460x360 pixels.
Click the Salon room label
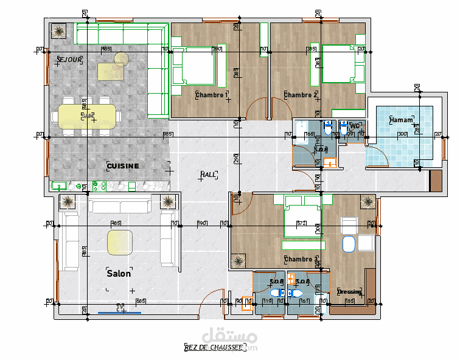click(x=119, y=274)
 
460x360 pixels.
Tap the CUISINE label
click(x=123, y=166)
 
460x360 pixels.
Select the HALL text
click(x=209, y=175)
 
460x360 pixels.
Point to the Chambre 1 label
click(x=212, y=95)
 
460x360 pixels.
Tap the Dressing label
click(x=349, y=292)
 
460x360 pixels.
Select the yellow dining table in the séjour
click(x=87, y=115)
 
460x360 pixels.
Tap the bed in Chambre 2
click(x=342, y=64)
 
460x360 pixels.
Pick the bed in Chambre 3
click(x=302, y=226)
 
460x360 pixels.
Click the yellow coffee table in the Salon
click(x=120, y=243)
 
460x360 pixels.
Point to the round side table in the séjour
click(x=122, y=58)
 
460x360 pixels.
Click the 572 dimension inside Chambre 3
click(x=301, y=223)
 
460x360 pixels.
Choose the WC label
click(x=354, y=126)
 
